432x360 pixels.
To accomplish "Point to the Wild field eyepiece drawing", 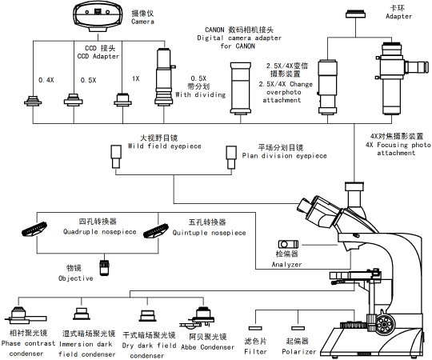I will [116, 162].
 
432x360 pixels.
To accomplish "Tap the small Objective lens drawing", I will [104, 267].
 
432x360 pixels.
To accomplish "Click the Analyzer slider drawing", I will [286, 243].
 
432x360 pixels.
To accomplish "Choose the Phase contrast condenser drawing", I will [22, 313].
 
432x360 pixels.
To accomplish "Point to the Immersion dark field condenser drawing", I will [82, 313].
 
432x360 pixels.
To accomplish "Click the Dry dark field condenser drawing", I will [147, 314].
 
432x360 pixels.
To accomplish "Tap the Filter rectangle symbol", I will [257, 327].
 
